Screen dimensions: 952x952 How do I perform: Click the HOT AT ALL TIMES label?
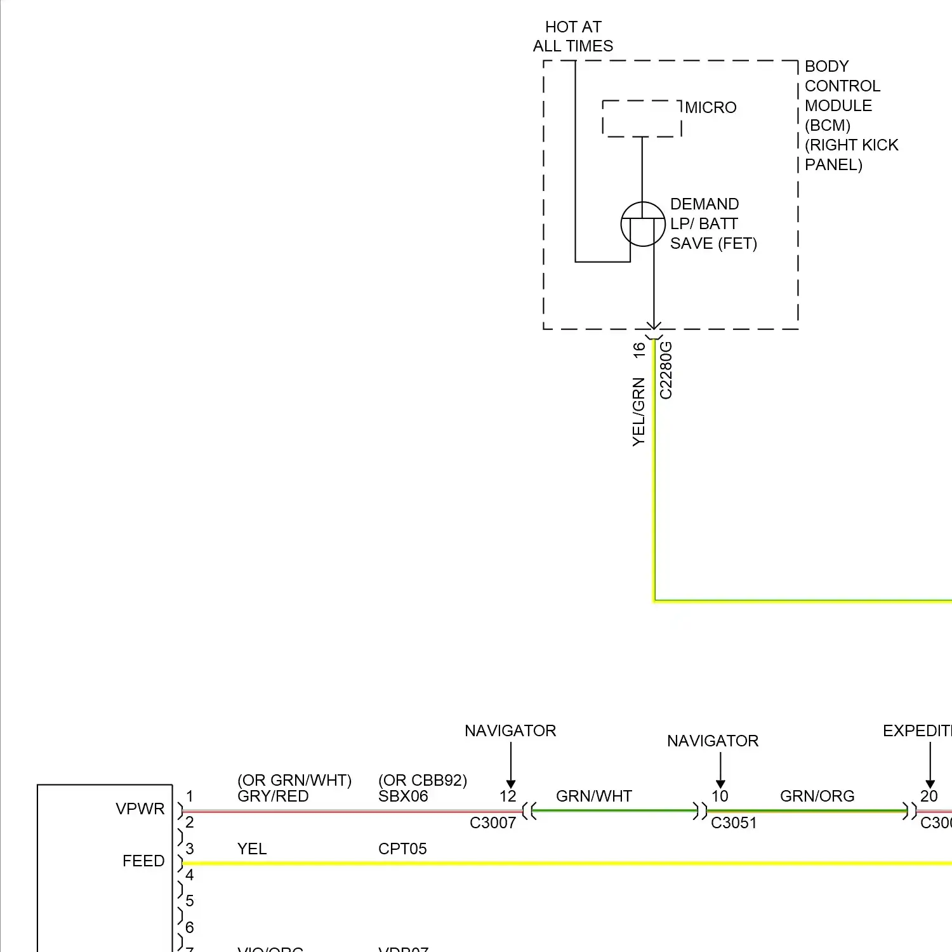coord(573,36)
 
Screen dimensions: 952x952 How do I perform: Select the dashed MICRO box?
coord(642,119)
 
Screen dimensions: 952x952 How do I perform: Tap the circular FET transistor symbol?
coord(643,224)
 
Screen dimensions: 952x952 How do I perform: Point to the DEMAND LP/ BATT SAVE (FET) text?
coord(713,224)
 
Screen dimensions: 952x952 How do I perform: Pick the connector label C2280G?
coord(666,371)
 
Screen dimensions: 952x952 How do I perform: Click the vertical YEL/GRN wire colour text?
coord(638,412)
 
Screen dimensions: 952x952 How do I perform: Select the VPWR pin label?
coord(140,809)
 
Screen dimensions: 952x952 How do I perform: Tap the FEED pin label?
coord(143,861)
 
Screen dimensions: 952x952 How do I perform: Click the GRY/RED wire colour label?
coord(273,797)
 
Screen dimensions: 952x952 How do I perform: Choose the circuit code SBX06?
coord(403,797)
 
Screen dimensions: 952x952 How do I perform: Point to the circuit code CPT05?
coord(402,849)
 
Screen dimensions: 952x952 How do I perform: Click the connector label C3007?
coord(493,823)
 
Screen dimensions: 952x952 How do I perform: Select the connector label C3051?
coord(734,823)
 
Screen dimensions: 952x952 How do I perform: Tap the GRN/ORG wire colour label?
coord(817,797)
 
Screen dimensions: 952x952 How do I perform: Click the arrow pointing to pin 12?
coord(511,765)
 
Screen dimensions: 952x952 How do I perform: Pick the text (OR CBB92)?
coord(423,780)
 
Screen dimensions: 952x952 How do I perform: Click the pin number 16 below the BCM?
coord(639,350)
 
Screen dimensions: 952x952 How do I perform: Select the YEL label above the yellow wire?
coord(252,849)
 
